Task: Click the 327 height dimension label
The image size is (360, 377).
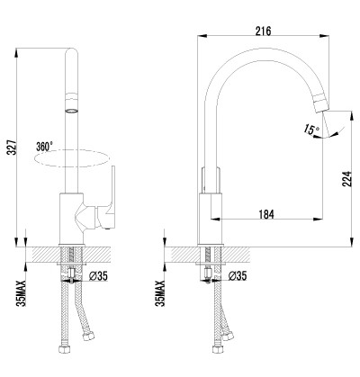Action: (x=12, y=147)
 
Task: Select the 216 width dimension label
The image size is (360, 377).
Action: (x=263, y=31)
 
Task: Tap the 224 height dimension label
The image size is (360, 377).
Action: (x=346, y=179)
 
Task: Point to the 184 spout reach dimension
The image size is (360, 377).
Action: (x=266, y=214)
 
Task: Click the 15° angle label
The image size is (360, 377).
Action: (x=311, y=130)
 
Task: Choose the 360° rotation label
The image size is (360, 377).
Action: (x=44, y=147)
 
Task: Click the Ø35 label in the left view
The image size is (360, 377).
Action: (x=98, y=276)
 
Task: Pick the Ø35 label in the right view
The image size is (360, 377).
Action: (x=238, y=276)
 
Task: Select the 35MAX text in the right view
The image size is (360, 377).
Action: (x=161, y=293)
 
